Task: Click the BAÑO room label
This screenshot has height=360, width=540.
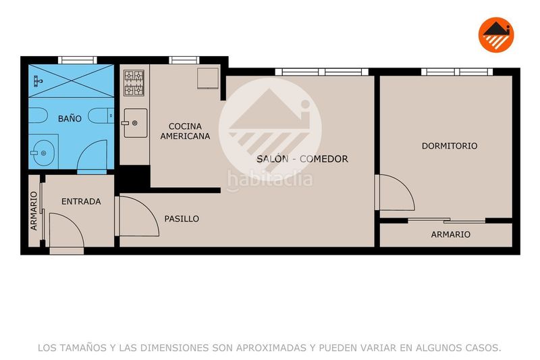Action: click(x=70, y=119)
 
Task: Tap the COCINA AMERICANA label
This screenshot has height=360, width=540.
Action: click(x=185, y=131)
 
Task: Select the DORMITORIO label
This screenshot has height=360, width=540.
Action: click(x=450, y=146)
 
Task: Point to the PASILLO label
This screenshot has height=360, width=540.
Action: click(x=182, y=219)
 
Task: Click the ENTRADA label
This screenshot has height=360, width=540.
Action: click(x=81, y=201)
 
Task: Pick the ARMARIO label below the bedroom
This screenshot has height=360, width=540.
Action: click(x=450, y=234)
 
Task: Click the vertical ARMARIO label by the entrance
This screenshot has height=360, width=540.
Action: click(x=33, y=211)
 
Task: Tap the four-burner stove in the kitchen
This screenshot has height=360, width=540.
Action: click(x=134, y=83)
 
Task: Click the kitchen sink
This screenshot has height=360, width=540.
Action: click(x=135, y=123)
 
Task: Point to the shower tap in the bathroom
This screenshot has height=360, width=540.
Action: click(x=38, y=81)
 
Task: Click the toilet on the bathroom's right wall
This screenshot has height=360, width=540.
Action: click(x=101, y=115)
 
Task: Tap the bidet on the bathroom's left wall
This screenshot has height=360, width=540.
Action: click(x=38, y=115)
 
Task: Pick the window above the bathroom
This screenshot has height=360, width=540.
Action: click(x=78, y=60)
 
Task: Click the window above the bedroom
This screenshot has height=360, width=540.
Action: click(x=457, y=72)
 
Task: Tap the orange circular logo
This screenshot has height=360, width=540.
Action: click(x=496, y=35)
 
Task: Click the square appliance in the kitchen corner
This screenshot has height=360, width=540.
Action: click(x=208, y=78)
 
